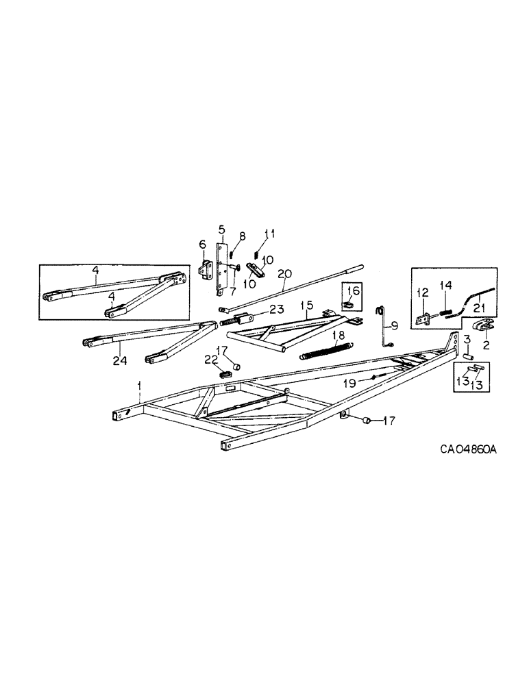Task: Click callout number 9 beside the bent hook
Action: (395, 325)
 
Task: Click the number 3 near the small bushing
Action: (465, 338)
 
